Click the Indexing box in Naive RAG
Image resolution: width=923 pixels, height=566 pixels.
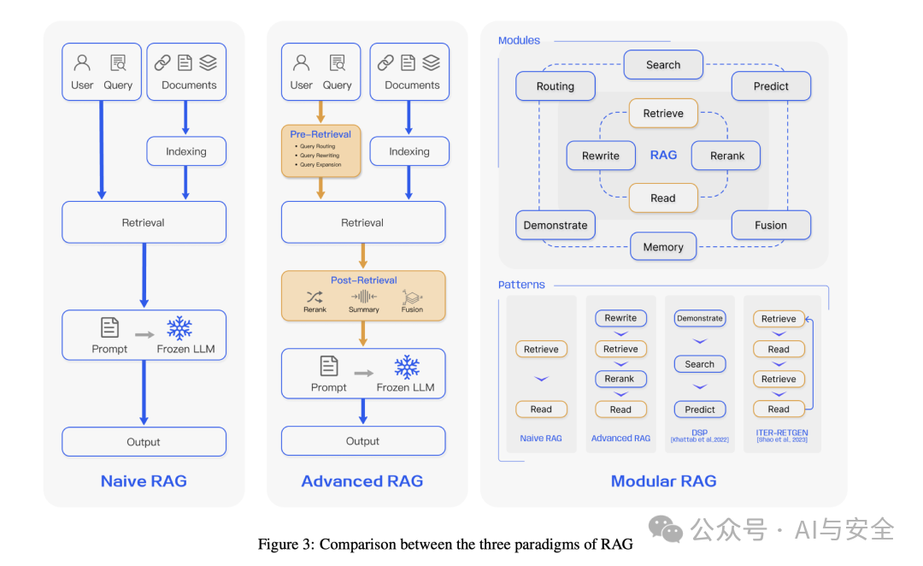186,151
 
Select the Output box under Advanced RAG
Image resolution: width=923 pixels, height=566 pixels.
362,441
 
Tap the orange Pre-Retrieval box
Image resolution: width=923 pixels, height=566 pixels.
320,151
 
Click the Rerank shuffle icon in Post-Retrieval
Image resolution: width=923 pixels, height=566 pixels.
315,297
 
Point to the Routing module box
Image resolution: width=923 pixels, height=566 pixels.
556,86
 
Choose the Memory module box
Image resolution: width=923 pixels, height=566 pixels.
663,247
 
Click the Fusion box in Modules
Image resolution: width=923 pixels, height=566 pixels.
771,225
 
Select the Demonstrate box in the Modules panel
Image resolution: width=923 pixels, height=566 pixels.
556,225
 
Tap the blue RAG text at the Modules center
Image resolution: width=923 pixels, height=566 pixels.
663,155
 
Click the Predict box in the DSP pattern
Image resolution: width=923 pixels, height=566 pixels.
700,409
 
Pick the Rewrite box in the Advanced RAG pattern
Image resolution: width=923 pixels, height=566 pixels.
620,318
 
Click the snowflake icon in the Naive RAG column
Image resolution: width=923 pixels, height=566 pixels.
179,328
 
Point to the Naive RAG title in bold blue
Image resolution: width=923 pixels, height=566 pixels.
144,481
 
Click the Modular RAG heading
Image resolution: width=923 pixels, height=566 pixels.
663,481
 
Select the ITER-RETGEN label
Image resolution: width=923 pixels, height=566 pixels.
781,433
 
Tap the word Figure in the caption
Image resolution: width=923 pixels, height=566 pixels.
279,545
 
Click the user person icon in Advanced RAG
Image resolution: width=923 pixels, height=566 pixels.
301,63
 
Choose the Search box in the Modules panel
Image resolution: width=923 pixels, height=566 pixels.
663,65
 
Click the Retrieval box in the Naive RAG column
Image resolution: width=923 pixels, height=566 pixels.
144,222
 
